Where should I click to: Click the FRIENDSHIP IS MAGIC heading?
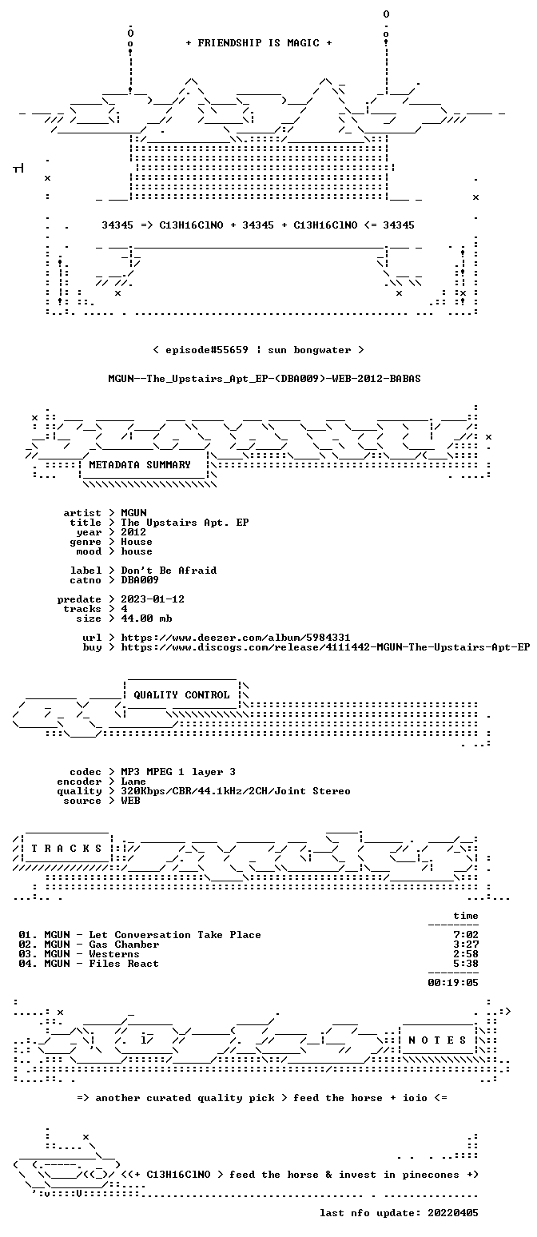[x=259, y=43]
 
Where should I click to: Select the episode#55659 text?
[x=207, y=350]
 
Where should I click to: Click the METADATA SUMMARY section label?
[x=139, y=465]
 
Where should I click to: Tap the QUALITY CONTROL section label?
[x=181, y=695]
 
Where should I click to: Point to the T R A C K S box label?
[x=66, y=848]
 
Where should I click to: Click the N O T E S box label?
[x=437, y=1040]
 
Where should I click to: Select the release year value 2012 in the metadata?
[x=133, y=532]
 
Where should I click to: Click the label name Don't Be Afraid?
[x=169, y=571]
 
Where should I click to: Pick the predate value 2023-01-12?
[x=153, y=599]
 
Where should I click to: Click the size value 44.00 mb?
[x=146, y=618]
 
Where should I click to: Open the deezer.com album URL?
[x=236, y=638]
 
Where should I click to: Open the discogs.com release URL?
[x=325, y=647]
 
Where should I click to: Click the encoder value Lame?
[x=133, y=782]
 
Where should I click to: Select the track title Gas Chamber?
[x=124, y=945]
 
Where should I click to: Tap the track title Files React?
[x=124, y=964]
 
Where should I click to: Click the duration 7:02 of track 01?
[x=466, y=935]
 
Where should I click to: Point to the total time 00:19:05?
[x=453, y=983]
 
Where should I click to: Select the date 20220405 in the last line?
[x=453, y=1213]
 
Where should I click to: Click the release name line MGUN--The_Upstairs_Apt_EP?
[x=264, y=379]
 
